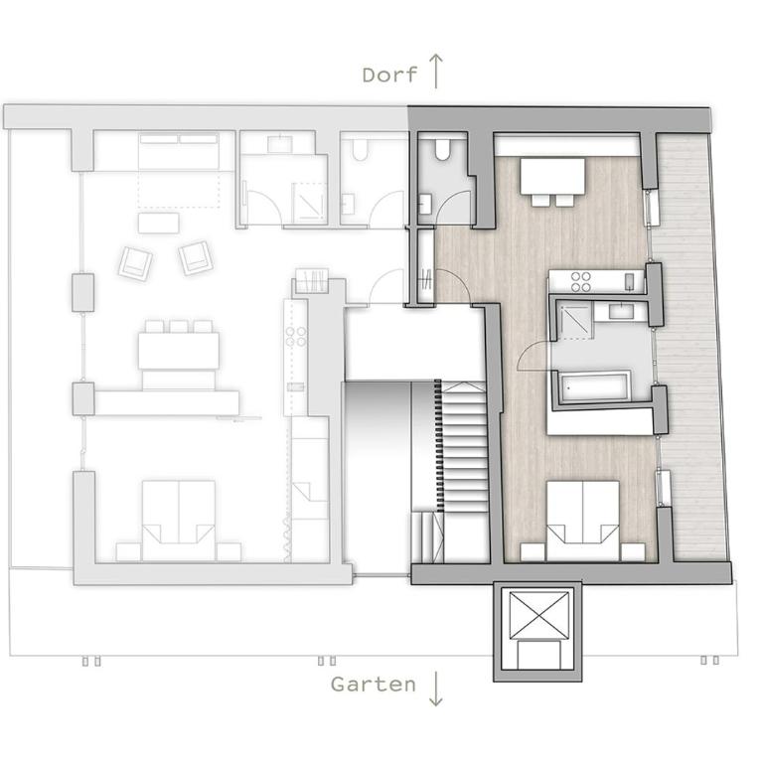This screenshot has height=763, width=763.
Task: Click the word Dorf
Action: (389, 75)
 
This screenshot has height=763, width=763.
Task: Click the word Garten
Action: (374, 685)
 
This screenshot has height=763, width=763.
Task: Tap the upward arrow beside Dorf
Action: (436, 72)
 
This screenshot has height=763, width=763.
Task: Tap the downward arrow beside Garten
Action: (435, 688)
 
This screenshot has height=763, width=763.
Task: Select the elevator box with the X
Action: (538, 615)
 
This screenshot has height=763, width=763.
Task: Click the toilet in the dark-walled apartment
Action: (442, 150)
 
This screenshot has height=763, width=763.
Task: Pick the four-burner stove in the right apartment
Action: (580, 282)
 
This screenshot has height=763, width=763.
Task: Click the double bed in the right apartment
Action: (582, 521)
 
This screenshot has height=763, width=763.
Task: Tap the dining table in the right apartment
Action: (552, 176)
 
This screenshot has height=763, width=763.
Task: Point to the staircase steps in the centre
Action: (463, 446)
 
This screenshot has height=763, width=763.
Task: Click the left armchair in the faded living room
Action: (136, 263)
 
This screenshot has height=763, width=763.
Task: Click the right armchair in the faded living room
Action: (196, 258)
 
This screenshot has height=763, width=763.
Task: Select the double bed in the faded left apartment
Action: (179, 521)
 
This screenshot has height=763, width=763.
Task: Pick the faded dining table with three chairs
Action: (178, 351)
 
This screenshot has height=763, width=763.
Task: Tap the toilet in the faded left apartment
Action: (360, 150)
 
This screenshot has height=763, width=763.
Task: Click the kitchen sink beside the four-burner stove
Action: (630, 282)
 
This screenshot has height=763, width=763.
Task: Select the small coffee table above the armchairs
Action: (158, 223)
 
